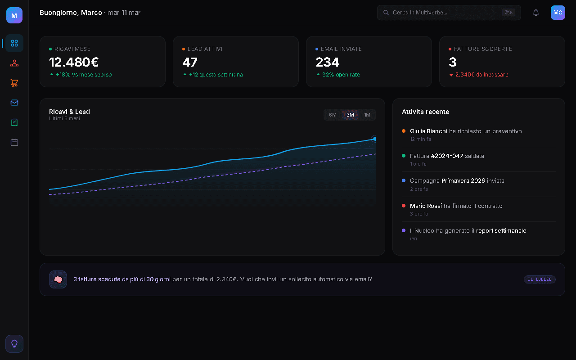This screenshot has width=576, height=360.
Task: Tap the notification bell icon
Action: [535, 13]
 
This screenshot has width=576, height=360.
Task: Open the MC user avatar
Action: [558, 13]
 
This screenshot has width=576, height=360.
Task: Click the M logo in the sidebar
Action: [14, 15]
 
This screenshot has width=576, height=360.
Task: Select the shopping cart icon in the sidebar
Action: [14, 83]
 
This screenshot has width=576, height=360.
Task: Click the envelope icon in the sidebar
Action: [14, 103]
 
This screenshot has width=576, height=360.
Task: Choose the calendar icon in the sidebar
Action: [14, 142]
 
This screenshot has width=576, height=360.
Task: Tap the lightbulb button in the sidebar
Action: [14, 344]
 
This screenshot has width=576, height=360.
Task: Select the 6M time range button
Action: [333, 115]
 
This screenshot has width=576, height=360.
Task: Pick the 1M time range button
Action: [367, 115]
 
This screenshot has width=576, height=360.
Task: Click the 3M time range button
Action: [350, 115]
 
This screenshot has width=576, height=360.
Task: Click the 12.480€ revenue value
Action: [74, 62]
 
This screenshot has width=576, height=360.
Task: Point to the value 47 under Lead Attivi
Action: [190, 62]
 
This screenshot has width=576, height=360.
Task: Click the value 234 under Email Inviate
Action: [328, 62]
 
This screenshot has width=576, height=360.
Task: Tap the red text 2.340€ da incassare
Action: [481, 75]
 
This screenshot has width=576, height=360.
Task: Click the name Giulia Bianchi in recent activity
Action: [428, 131]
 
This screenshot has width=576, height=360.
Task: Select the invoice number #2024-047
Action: [447, 156]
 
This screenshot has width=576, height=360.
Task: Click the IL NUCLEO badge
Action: [540, 279]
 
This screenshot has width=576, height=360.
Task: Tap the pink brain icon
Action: [58, 279]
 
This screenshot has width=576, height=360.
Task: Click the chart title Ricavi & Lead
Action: [69, 112]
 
